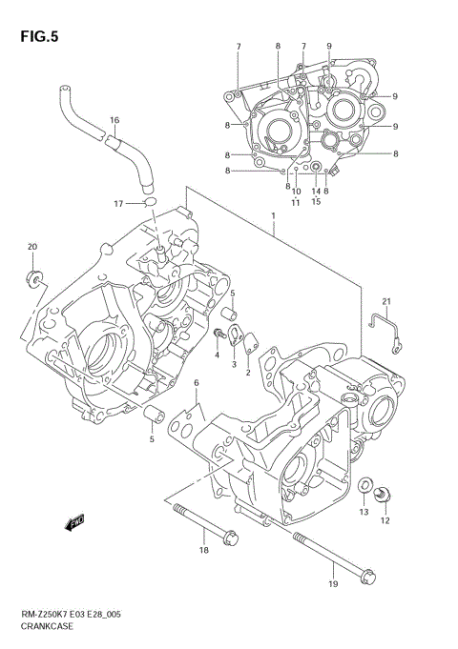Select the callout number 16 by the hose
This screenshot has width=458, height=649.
tap(114, 120)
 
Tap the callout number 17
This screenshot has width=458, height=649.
tap(118, 203)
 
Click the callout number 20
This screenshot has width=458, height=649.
tap(31, 247)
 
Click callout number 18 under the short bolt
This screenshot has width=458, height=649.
tap(203, 552)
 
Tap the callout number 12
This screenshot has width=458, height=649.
tap(385, 519)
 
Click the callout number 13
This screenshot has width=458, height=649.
tap(363, 513)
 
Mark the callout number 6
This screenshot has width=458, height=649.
tap(196, 382)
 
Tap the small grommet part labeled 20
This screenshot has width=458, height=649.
tap(33, 278)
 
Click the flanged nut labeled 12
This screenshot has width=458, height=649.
tap(384, 494)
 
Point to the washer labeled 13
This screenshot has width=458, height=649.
tap(365, 486)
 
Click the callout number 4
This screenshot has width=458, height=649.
tap(218, 355)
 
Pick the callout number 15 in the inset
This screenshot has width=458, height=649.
tap(316, 201)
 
